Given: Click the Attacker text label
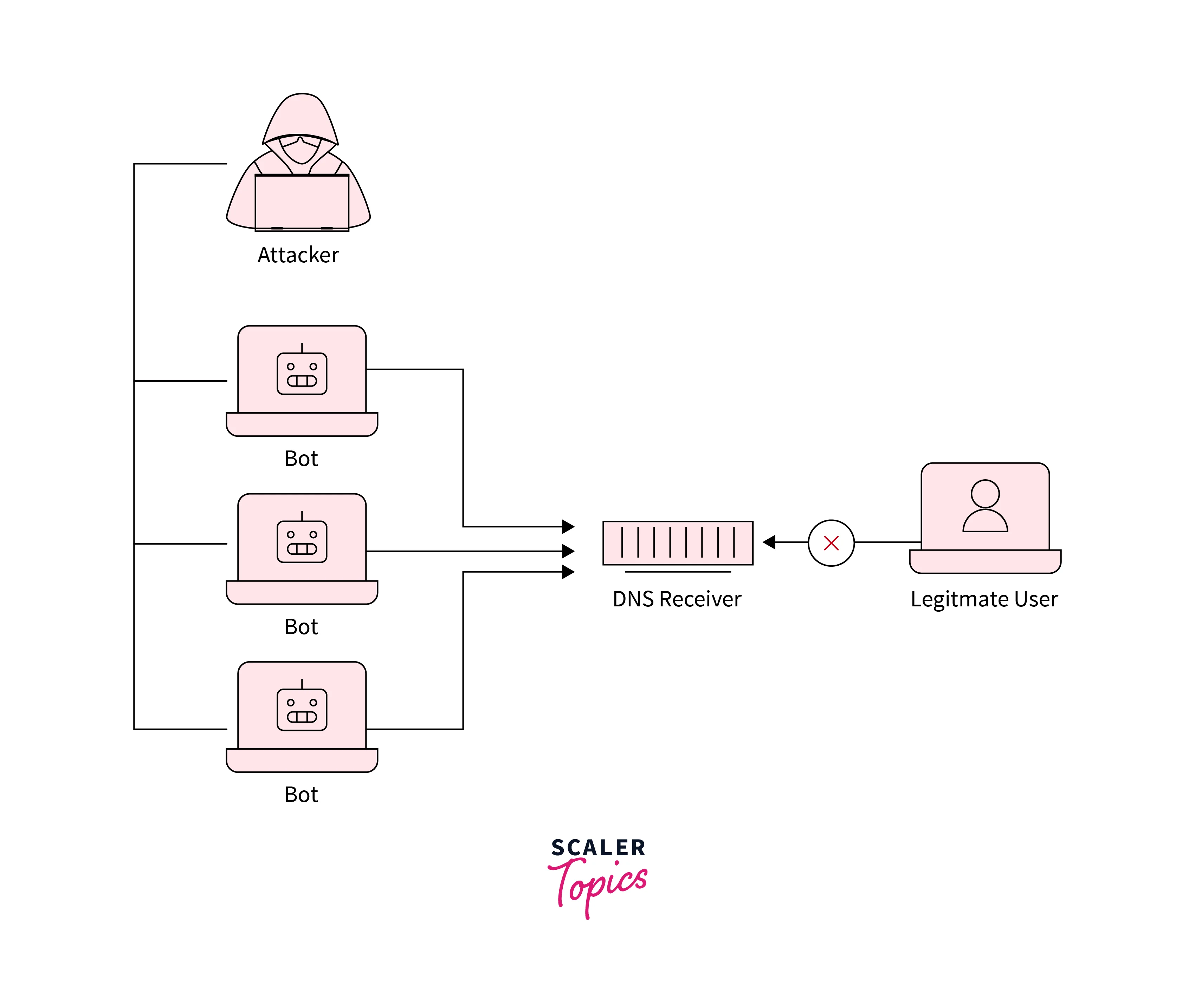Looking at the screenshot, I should click(298, 255).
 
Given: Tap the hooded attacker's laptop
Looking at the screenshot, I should click(302, 202).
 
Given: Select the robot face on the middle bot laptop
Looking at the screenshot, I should click(302, 541).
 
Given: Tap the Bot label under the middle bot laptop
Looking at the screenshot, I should click(301, 626).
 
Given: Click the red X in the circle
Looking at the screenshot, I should click(831, 543).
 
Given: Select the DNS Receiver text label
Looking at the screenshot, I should click(677, 599).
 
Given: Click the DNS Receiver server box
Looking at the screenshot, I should click(678, 542).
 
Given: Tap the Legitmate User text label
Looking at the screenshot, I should click(984, 599).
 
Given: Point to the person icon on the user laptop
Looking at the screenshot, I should click(985, 506).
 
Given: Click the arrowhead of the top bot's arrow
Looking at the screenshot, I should click(568, 526).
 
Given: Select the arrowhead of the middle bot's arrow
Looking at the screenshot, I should click(568, 551).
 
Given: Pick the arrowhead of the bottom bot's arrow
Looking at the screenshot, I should click(568, 572).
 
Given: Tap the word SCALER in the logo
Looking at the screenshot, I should click(598, 848).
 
